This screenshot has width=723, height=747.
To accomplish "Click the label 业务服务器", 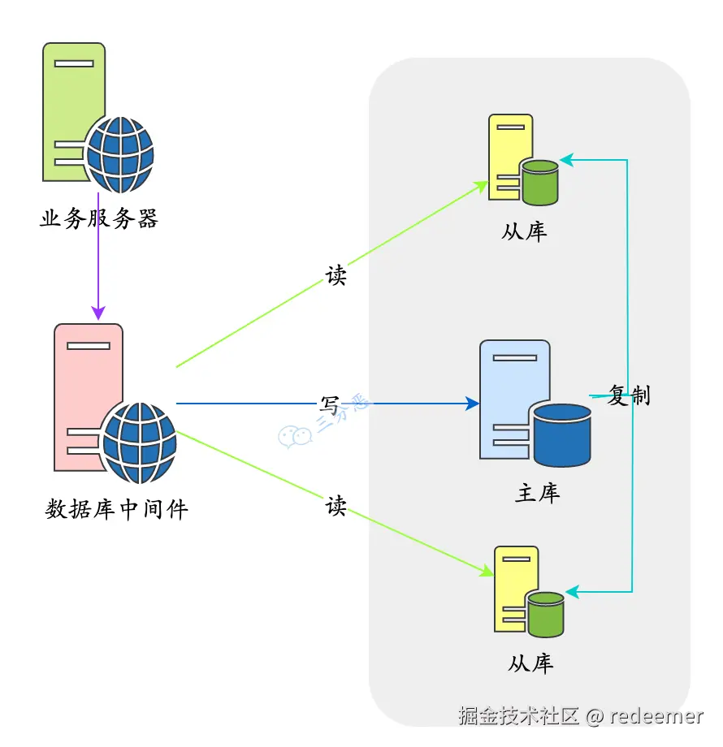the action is pyautogui.click(x=98, y=218).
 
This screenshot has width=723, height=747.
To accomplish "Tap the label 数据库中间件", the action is pyautogui.click(x=117, y=509).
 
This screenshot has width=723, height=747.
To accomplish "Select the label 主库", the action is pyautogui.click(x=538, y=493).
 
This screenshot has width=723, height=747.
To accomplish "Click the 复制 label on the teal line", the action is pyautogui.click(x=629, y=395).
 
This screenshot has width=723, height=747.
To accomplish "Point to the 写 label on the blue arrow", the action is pyautogui.click(x=329, y=405).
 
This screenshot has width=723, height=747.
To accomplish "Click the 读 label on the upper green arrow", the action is pyautogui.click(x=336, y=275).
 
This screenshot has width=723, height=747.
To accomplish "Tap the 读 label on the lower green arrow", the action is pyautogui.click(x=336, y=506).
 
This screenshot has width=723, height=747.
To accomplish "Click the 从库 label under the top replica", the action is pyautogui.click(x=524, y=232).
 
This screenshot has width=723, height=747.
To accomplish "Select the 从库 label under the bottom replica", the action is pyautogui.click(x=531, y=663).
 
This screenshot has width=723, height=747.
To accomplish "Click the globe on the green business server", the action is pyautogui.click(x=120, y=155).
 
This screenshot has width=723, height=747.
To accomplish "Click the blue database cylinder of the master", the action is pyautogui.click(x=562, y=435).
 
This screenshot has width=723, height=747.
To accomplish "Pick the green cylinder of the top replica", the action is pyautogui.click(x=540, y=183).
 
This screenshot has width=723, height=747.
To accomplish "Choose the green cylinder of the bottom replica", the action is pyautogui.click(x=546, y=615).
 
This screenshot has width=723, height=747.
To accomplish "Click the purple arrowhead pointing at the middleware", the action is pyautogui.click(x=98, y=313).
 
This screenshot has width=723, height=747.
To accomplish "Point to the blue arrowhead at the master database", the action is pyautogui.click(x=472, y=404).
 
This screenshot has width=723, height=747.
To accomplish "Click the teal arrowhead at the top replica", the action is pyautogui.click(x=567, y=160).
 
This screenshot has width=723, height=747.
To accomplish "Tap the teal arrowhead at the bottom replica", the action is pyautogui.click(x=573, y=592).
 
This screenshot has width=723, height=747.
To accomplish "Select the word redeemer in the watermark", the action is pyautogui.click(x=656, y=716).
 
